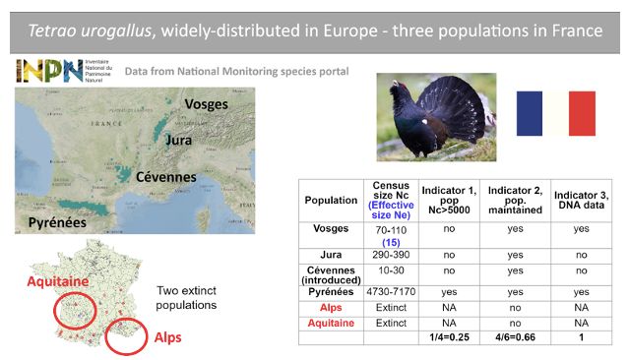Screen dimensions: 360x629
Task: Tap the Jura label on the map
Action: click(178, 141)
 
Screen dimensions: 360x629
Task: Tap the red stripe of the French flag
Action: click(582, 113)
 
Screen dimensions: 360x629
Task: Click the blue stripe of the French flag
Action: click(530, 113)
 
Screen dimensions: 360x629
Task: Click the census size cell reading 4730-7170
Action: click(392, 292)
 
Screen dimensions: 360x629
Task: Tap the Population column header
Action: click(331, 200)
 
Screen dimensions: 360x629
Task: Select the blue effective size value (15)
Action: click(392, 242)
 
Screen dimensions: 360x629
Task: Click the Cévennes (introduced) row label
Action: click(331, 272)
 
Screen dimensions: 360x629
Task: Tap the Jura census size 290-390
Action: click(392, 255)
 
